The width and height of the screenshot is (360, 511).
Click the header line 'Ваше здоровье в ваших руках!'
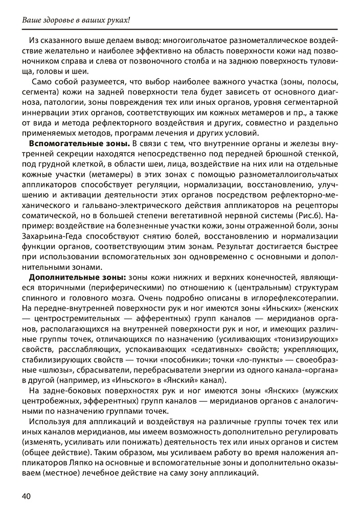pyautogui.click(x=76, y=20)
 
